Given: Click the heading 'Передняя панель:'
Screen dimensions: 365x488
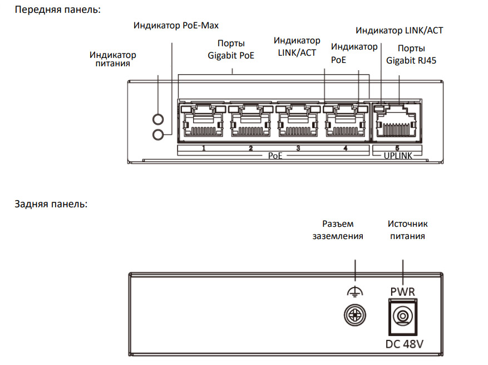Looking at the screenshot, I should (57, 10).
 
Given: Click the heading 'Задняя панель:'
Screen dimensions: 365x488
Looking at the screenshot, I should (51, 204).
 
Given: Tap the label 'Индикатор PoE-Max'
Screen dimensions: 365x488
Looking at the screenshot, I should (176, 26).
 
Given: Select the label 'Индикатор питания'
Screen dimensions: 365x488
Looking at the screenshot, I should (112, 59).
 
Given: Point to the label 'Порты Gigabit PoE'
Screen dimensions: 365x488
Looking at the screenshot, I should (231, 49).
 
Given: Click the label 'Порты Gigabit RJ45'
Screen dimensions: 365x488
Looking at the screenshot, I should (411, 54).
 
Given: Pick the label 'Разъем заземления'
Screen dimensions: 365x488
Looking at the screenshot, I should (337, 230).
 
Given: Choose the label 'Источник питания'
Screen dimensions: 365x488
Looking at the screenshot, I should (408, 230).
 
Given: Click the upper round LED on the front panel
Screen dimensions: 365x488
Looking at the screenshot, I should (159, 119).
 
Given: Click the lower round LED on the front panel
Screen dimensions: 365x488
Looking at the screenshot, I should (159, 134).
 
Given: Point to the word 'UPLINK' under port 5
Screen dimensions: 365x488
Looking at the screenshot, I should (398, 157).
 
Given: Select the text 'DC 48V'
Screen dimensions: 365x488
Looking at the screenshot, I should (405, 344).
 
